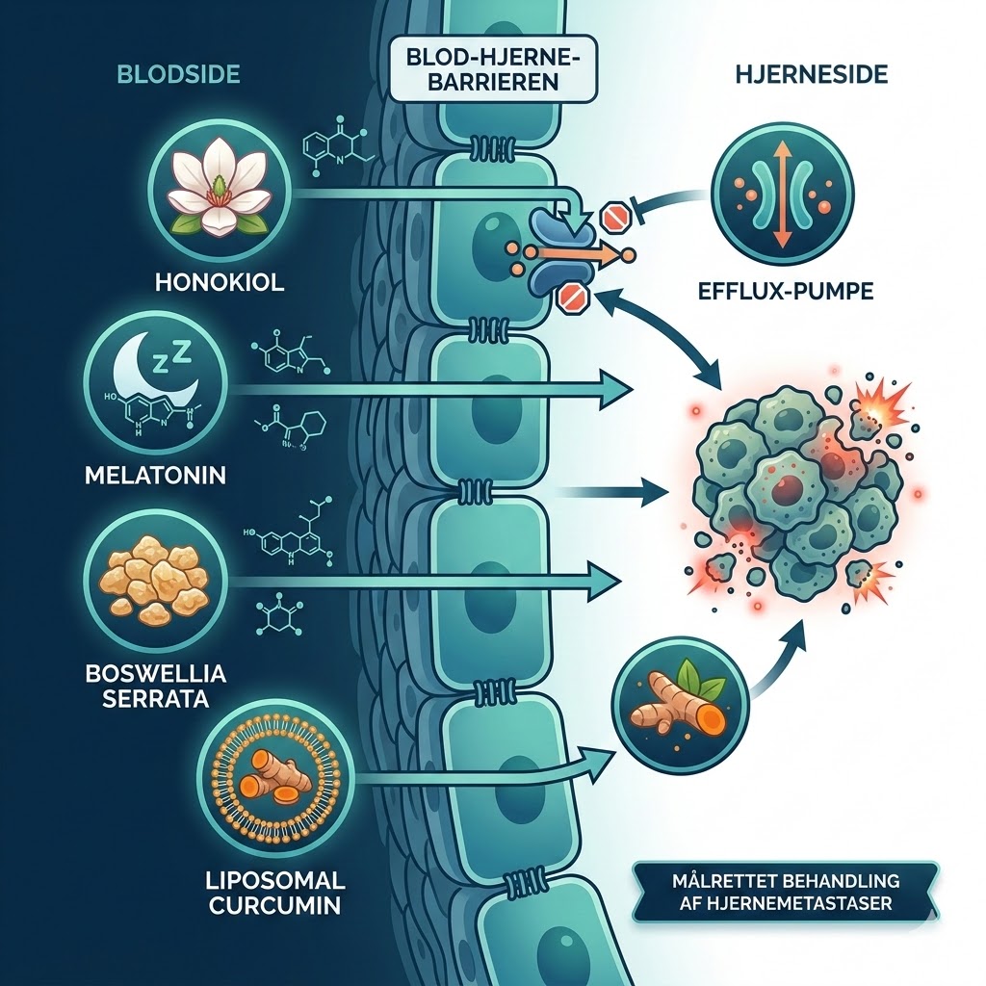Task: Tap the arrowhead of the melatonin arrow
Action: click(x=618, y=389)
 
